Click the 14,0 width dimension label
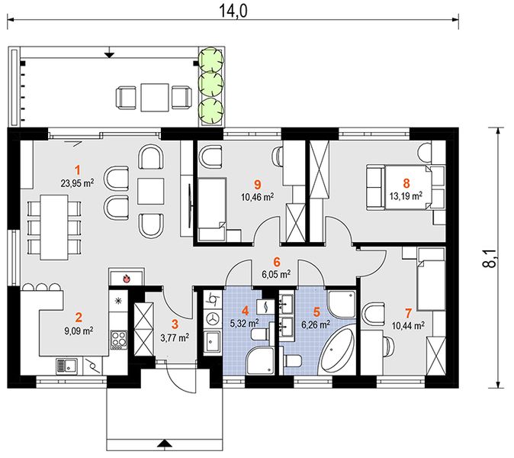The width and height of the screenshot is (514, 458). point(233,11)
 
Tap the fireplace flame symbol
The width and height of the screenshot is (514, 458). point(126,279)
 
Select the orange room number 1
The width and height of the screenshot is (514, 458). point(77,170)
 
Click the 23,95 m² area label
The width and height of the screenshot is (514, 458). point(77,182)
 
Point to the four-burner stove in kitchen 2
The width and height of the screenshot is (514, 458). point(118,339)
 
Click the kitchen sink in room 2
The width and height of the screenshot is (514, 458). point(67,366)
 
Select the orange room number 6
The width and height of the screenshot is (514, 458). point(277,262)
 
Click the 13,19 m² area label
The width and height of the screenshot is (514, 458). point(406,196)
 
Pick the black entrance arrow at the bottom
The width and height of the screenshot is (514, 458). point(165,443)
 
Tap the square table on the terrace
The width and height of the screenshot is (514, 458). point(155,97)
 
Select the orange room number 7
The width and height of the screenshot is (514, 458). point(408,313)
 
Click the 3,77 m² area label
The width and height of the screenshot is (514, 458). point(175,337)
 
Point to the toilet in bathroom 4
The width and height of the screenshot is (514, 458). point(259,335)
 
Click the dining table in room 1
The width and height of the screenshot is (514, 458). point(54,227)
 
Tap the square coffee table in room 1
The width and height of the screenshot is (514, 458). point(150,192)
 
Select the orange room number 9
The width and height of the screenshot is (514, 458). point(258,185)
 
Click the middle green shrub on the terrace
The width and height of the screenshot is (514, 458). point(212,83)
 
